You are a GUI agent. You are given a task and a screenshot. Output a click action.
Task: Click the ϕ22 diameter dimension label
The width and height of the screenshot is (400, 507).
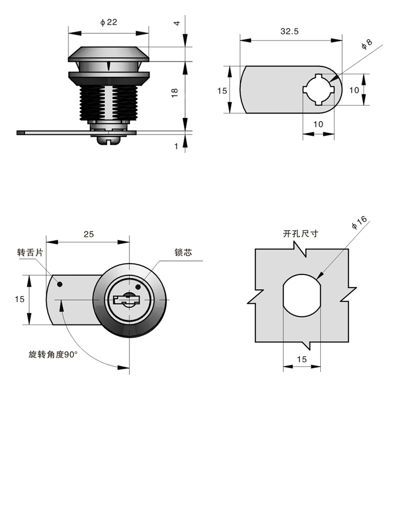[109, 22]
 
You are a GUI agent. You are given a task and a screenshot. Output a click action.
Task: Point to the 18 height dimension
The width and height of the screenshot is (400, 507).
[175, 92]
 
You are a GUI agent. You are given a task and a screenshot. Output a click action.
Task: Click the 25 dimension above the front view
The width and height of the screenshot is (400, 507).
[88, 234]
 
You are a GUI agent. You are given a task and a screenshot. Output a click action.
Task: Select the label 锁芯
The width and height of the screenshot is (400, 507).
[183, 252]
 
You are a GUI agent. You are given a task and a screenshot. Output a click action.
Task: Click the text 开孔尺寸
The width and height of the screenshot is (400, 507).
[301, 234]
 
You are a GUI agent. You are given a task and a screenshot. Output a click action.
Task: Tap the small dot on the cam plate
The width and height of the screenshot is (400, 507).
[60, 284]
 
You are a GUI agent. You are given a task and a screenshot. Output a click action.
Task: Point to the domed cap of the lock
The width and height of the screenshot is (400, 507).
[109, 54]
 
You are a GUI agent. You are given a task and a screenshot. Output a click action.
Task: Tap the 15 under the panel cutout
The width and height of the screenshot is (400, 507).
[302, 359]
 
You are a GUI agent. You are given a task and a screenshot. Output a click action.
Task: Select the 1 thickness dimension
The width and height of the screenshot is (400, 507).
[176, 146]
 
